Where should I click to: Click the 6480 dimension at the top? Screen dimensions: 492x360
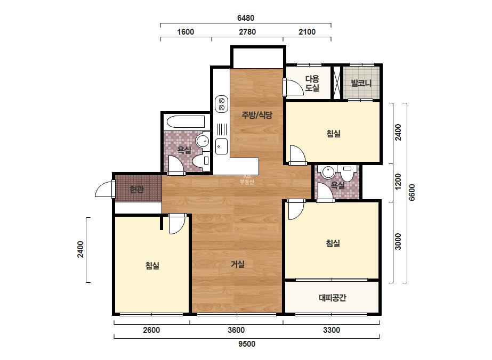(246, 18)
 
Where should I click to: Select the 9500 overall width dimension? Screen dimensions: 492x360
(247, 344)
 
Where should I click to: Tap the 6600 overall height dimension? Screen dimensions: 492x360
(412, 193)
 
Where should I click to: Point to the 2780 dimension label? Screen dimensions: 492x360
(247, 31)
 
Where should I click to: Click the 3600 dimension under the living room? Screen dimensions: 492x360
(236, 330)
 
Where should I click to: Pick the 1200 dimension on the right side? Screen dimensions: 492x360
(398, 182)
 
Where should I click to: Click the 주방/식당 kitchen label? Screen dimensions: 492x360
(257, 115)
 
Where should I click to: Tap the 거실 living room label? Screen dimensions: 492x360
(238, 264)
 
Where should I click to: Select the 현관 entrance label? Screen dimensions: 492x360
(137, 189)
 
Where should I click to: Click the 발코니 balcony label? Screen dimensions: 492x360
(361, 83)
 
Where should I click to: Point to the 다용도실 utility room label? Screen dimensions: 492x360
(312, 83)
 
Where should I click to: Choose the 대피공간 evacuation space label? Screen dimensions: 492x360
(332, 297)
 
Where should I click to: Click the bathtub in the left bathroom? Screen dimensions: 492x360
(185, 122)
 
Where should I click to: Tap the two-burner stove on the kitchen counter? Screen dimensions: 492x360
(222, 104)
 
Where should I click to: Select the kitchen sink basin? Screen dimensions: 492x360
(222, 146)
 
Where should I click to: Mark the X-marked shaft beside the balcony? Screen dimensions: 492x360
(336, 83)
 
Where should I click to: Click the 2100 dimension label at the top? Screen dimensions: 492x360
(307, 31)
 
